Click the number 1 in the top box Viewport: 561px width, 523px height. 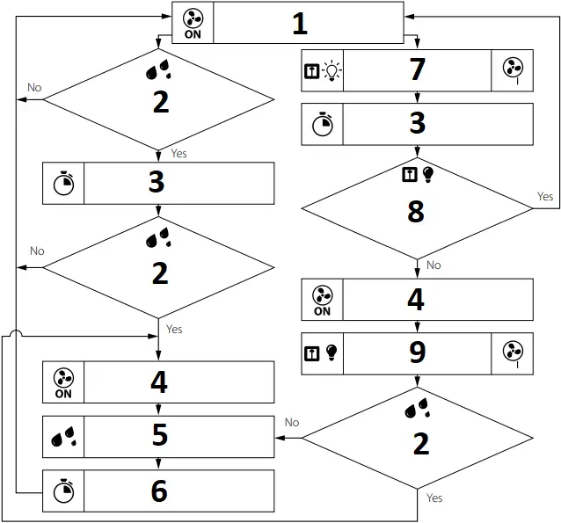(x=300, y=24)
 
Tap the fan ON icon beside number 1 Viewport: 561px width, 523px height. (x=193, y=23)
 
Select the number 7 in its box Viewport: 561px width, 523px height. (x=417, y=70)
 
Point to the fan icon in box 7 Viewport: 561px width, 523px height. (x=512, y=70)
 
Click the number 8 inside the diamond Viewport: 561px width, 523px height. (x=416, y=212)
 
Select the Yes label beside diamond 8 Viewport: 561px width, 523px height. (x=545, y=197)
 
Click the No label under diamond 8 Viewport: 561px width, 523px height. (x=433, y=265)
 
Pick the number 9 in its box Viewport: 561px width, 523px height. (x=417, y=352)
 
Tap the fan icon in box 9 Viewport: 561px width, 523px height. (x=512, y=352)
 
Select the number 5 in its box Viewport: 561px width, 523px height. (x=159, y=436)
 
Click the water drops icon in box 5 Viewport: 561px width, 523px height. (x=63, y=437)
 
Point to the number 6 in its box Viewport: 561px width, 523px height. (x=159, y=490)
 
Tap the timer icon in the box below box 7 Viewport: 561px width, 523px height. (x=323, y=125)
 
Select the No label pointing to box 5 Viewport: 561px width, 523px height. (x=292, y=423)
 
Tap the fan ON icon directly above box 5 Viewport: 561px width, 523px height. (x=63, y=383)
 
